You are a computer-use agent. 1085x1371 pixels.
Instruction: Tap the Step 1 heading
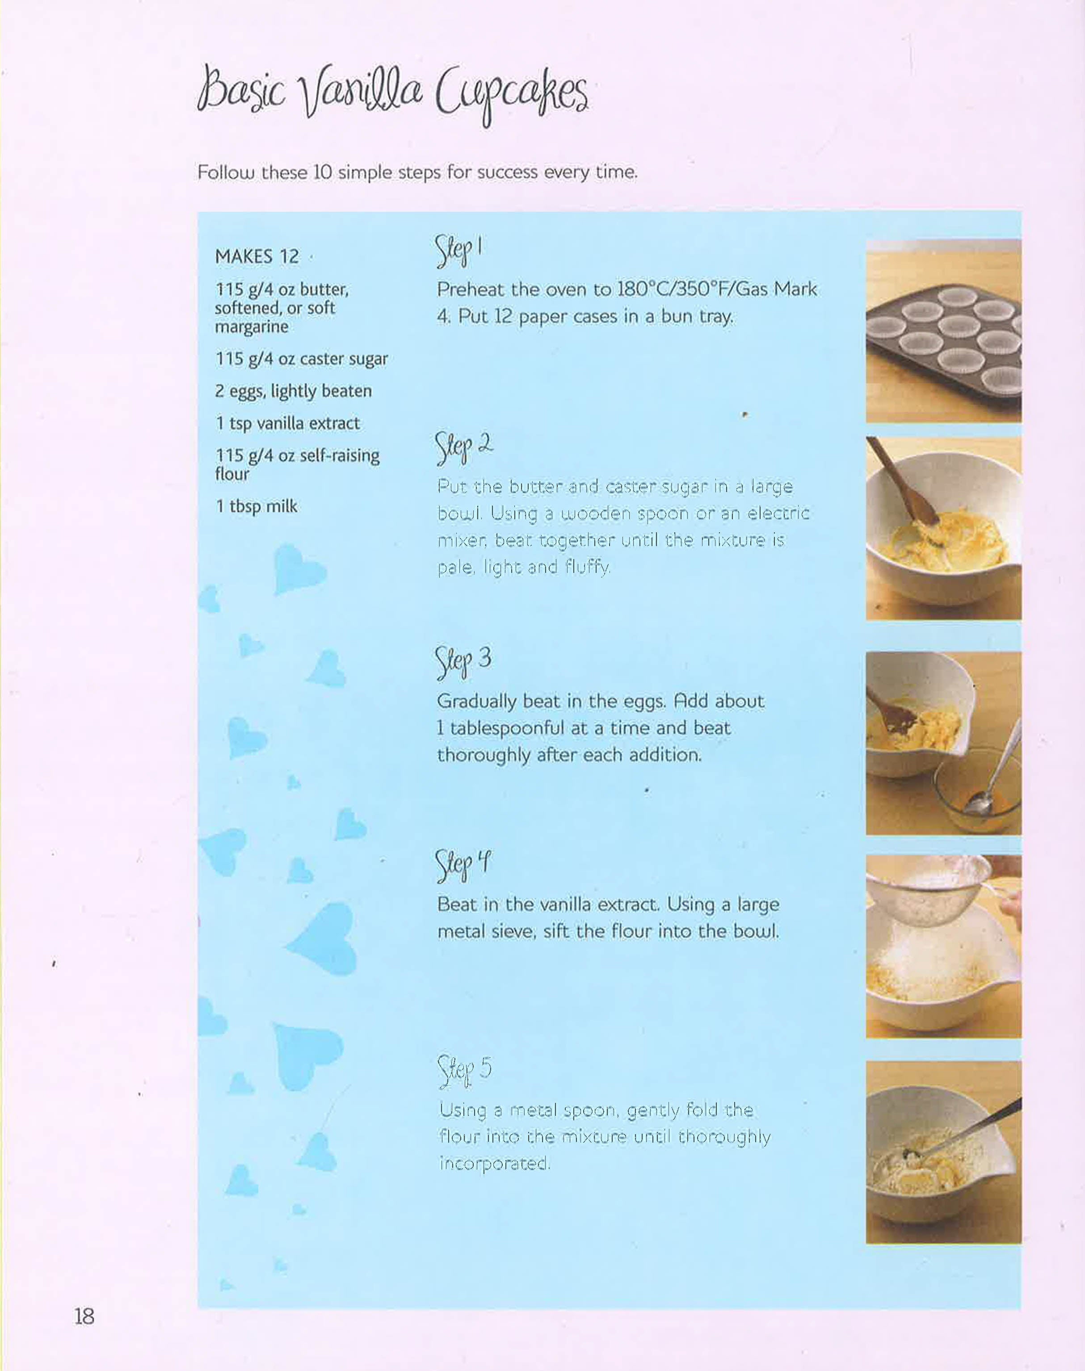pyautogui.click(x=458, y=252)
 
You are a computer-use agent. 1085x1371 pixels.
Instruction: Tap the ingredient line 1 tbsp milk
pyautogui.click(x=257, y=506)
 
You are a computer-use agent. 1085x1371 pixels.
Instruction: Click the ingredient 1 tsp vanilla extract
pyautogui.click(x=288, y=423)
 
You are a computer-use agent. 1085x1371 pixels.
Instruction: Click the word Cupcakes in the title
pyautogui.click(x=511, y=98)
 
